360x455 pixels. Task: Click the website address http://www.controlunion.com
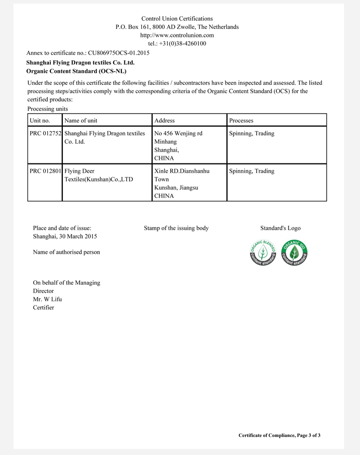tap(177, 35)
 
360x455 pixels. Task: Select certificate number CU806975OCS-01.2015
tap(119, 52)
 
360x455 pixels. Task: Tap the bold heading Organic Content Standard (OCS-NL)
tap(76, 71)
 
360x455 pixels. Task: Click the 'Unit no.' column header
tap(40, 120)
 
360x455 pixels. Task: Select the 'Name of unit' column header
tap(81, 120)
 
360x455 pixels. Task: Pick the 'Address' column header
tap(165, 120)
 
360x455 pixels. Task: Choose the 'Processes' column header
tap(241, 120)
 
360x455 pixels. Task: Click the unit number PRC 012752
tap(45, 134)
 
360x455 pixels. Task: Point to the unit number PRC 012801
tap(45, 171)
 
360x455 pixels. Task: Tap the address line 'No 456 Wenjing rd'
tap(178, 134)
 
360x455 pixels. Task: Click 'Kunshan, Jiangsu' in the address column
tap(176, 188)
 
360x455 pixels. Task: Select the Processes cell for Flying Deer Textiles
tap(251, 171)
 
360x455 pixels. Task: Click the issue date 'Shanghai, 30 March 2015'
tap(65, 236)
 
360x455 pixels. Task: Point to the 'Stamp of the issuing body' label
tap(176, 228)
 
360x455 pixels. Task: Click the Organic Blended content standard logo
tap(262, 252)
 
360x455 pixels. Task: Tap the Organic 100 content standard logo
tap(294, 252)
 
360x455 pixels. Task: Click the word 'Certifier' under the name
tap(43, 307)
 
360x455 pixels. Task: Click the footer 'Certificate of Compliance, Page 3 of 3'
tap(279, 435)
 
